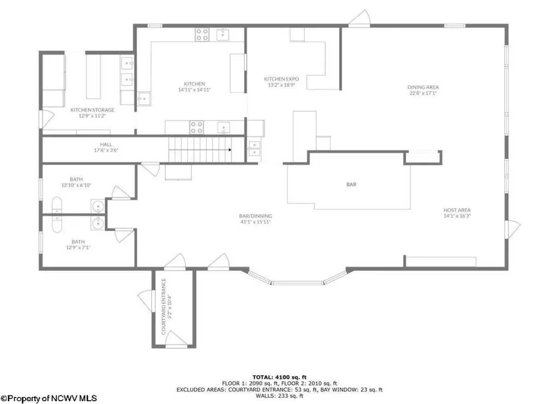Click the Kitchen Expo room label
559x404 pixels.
(281, 79)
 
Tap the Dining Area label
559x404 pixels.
(423, 87)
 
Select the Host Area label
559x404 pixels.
(457, 210)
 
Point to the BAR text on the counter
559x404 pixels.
(351, 184)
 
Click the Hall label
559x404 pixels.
(106, 144)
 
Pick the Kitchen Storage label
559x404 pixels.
(92, 110)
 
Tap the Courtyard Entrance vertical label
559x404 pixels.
(164, 306)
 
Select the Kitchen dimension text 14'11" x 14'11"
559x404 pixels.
(194, 90)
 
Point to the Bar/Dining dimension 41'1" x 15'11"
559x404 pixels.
(255, 222)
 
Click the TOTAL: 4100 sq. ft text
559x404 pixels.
(279, 377)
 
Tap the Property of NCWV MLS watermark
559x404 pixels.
(49, 399)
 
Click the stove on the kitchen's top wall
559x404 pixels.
(202, 34)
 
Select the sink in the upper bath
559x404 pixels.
(98, 206)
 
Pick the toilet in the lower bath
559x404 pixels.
(57, 224)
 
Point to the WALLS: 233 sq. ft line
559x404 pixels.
(279, 396)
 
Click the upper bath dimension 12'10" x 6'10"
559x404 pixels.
(76, 185)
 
